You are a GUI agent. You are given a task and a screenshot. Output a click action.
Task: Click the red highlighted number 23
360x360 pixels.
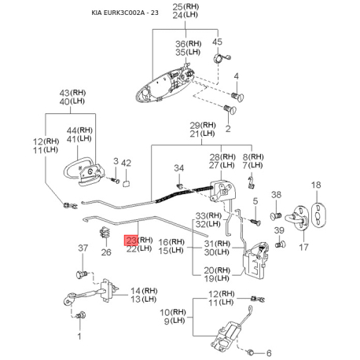131,240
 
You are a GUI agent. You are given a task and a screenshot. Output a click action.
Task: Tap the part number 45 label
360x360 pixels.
217,42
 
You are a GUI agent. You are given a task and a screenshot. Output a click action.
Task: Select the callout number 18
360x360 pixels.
316,185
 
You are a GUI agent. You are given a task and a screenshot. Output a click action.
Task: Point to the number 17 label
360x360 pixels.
303,247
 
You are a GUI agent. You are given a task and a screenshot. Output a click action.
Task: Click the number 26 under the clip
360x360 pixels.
106,252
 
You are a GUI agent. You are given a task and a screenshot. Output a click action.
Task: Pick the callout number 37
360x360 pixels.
83,248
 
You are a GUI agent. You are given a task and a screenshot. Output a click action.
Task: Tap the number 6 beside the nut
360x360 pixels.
269,353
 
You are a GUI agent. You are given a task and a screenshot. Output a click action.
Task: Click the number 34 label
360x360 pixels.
179,168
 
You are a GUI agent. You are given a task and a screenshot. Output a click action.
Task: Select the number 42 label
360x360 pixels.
126,163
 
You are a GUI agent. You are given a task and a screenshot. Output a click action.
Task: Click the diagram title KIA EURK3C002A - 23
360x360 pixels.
125,13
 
